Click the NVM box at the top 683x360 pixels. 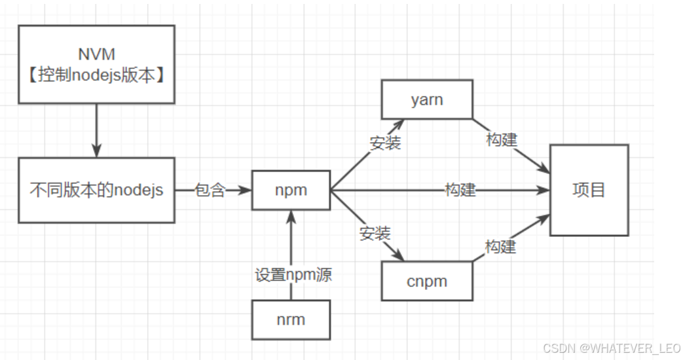point(97,64)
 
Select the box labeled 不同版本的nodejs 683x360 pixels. point(97,190)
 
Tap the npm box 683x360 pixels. point(291,190)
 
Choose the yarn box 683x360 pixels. point(427,99)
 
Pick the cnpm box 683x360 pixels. point(427,281)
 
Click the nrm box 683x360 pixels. point(291,320)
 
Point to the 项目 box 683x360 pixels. point(589,190)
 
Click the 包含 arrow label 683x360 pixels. point(210,190)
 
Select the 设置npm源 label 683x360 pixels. point(293,274)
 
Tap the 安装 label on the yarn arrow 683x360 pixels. point(385,143)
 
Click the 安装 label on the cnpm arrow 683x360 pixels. point(375,232)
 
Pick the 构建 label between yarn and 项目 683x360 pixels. point(502,139)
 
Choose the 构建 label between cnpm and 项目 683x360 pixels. point(500,246)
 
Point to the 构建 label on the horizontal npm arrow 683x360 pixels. point(460,190)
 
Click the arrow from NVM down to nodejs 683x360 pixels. point(97,130)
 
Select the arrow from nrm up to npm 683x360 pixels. point(291,242)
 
